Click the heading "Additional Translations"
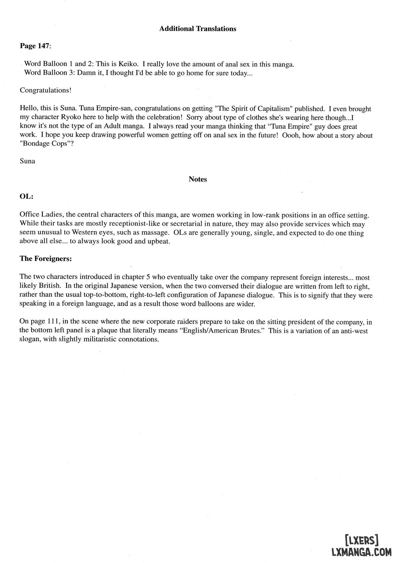point(198,29)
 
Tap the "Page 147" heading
point(35,46)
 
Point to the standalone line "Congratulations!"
point(46,90)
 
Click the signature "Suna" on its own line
point(28,161)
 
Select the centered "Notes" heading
point(198,179)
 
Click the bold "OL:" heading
point(27,196)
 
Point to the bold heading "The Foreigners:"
point(46,259)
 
